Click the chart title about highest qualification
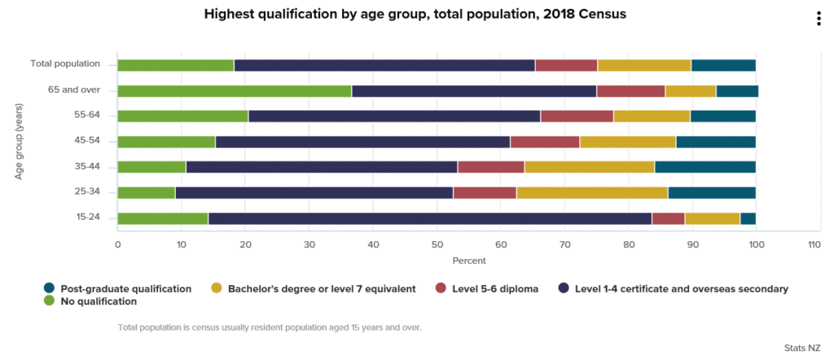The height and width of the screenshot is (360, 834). point(415,14)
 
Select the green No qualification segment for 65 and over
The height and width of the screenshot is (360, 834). point(235,90)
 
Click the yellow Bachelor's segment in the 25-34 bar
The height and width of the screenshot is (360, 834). point(592,192)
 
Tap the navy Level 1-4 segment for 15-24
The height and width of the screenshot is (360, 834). point(430,218)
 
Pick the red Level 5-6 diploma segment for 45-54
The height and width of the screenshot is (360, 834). point(545,142)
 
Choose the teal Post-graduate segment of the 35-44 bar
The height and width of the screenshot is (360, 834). point(705,167)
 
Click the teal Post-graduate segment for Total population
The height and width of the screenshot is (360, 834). point(723,65)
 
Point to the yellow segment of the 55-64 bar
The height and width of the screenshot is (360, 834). point(652,116)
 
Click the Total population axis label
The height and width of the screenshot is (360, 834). point(65,64)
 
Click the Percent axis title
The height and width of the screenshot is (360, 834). point(469,261)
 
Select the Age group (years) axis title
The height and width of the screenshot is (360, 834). point(19,141)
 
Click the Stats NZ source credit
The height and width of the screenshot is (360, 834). point(802,348)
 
